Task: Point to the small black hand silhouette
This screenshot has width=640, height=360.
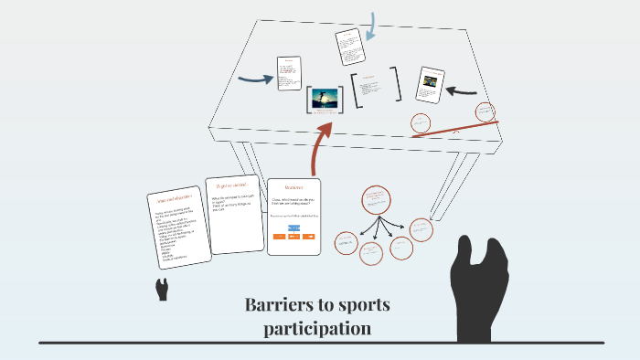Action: pos(162,290)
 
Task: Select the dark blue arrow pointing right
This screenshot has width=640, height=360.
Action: pos(255,79)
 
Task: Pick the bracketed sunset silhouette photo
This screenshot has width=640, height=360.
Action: pos(325,99)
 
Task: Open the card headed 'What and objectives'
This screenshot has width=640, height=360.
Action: pos(179,228)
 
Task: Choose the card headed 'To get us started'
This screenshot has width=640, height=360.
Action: pos(233,216)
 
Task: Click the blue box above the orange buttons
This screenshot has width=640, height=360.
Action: pos(293,227)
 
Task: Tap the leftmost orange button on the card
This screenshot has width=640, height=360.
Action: pos(280,237)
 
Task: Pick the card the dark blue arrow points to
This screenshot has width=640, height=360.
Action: pos(289,73)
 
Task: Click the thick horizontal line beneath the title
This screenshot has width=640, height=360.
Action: pos(320,343)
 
